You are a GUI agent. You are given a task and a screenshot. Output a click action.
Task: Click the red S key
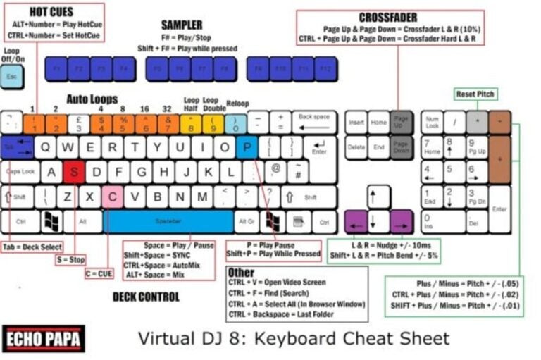click(x=74, y=172)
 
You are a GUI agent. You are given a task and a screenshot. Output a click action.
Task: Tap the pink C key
click(x=112, y=197)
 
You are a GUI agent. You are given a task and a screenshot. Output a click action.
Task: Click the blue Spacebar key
click(x=168, y=221)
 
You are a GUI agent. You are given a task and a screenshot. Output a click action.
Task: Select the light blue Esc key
click(x=11, y=76)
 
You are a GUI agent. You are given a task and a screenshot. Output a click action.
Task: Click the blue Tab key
click(x=16, y=147)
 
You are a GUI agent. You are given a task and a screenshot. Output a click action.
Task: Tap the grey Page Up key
click(x=401, y=123)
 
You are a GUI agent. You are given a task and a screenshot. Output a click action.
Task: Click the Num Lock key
click(x=433, y=123)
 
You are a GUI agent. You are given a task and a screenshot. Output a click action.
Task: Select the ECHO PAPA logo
click(x=44, y=338)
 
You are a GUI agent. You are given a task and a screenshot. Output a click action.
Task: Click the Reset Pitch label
click(x=475, y=94)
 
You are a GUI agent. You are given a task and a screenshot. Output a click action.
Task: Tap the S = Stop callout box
click(x=70, y=260)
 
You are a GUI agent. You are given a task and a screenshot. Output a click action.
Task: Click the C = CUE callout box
click(x=99, y=273)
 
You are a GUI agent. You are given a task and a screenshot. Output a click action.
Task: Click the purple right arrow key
click(x=402, y=221)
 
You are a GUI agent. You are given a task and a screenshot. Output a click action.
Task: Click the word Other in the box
click(x=242, y=272)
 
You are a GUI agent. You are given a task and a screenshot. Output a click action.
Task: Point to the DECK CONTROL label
click(x=146, y=297)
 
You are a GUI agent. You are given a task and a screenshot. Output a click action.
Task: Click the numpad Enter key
click(x=499, y=209)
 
